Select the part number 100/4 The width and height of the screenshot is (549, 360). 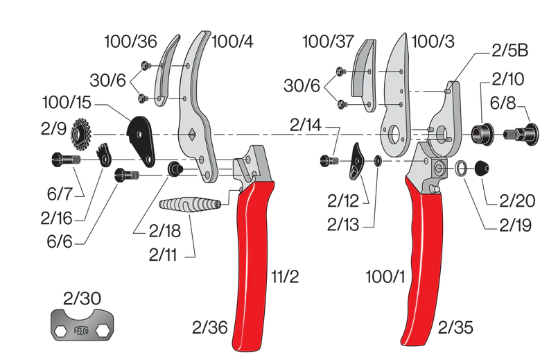(232, 42)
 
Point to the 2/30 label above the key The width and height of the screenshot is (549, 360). (82, 299)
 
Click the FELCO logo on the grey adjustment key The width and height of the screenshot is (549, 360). (81, 330)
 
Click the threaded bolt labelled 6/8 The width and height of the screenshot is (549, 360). (517, 132)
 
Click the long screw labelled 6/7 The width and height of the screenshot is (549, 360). (66, 160)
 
